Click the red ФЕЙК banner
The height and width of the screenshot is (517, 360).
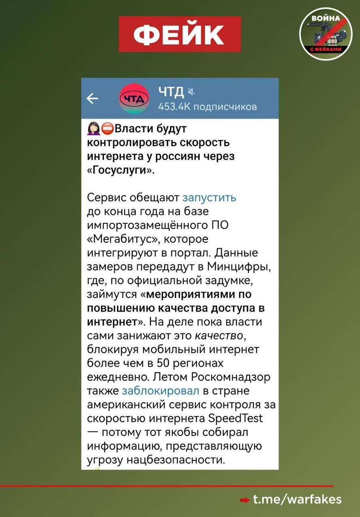[179, 34]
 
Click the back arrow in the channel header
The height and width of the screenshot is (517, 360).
[92, 99]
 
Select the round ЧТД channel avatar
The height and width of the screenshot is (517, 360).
[134, 99]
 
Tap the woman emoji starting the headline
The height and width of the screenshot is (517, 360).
[94, 128]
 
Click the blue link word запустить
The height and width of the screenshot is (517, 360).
[210, 197]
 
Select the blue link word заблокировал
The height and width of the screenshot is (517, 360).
[161, 391]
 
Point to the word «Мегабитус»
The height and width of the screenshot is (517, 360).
[116, 239]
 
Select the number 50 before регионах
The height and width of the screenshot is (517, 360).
[158, 363]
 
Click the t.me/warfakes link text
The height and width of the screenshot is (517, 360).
[297, 499]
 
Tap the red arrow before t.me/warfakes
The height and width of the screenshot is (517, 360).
[244, 500]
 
